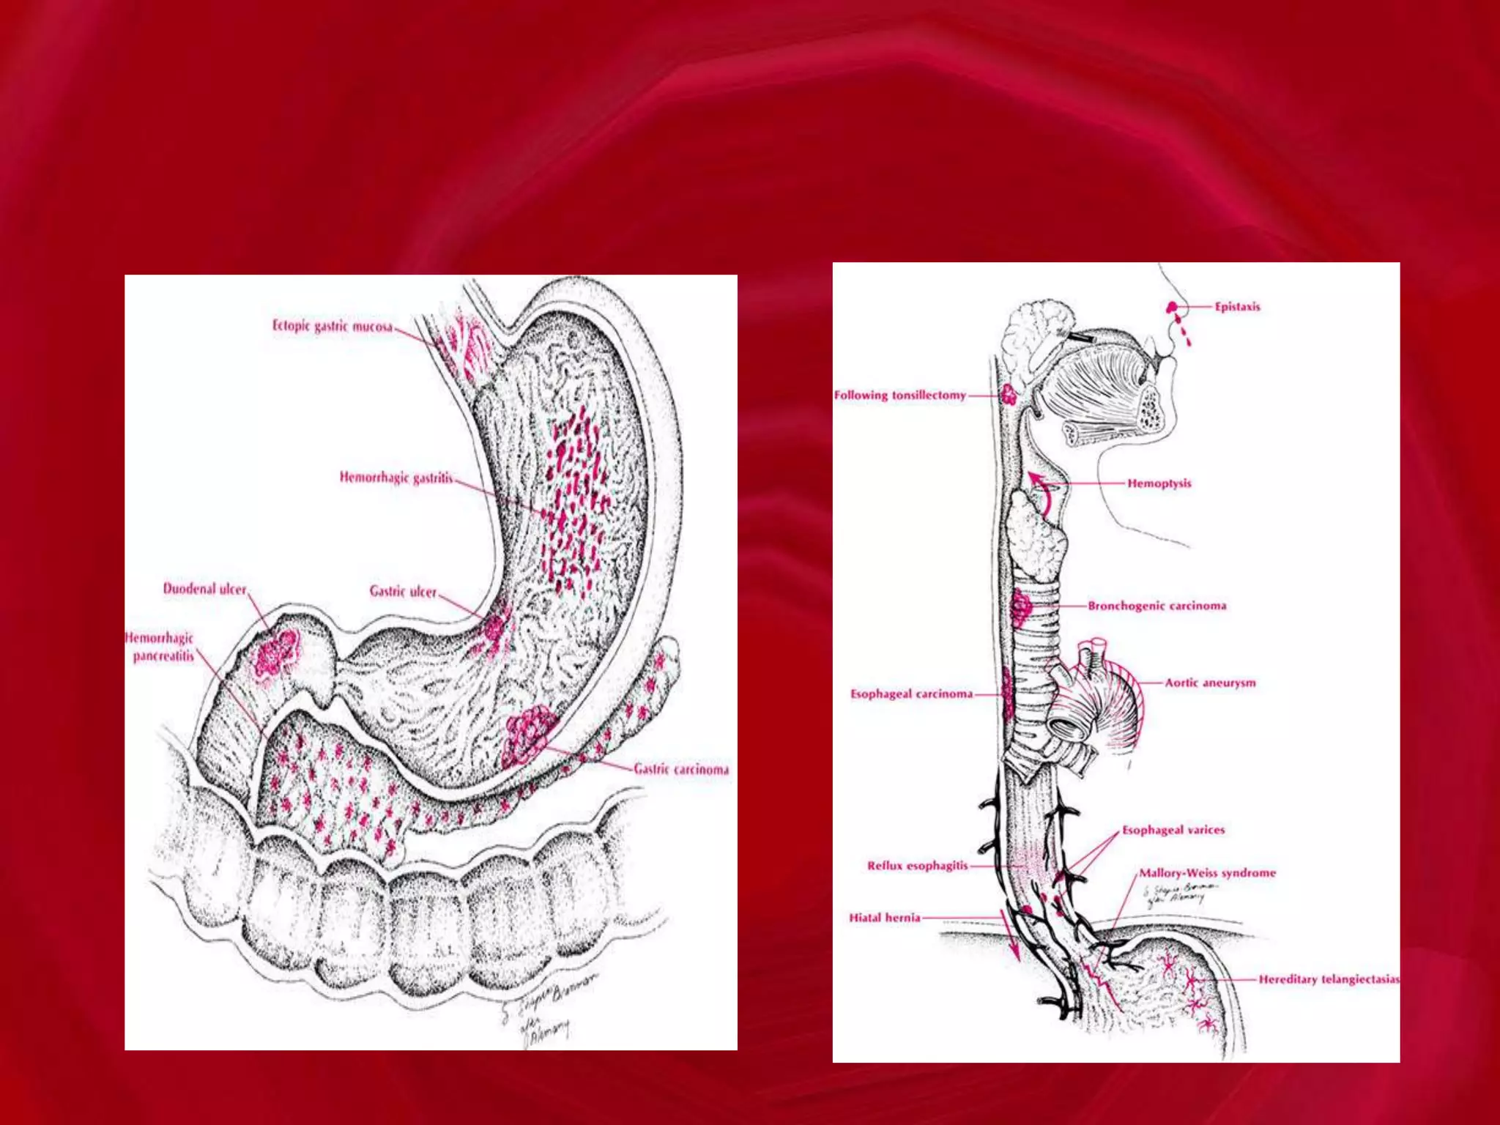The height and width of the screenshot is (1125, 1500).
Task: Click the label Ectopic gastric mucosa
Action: pyautogui.click(x=333, y=326)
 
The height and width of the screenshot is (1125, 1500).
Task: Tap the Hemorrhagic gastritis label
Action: pyautogui.click(x=396, y=478)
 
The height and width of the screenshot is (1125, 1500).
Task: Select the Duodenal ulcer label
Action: pyautogui.click(x=205, y=589)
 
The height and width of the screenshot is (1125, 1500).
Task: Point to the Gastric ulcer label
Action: pyautogui.click(x=403, y=591)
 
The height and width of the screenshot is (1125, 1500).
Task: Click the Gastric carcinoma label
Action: pyautogui.click(x=681, y=769)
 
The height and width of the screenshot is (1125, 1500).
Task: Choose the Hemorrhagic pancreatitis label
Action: pyautogui.click(x=161, y=647)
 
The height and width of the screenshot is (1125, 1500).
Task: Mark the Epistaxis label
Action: pyautogui.click(x=1237, y=307)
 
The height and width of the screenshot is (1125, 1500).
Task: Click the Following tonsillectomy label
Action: pyautogui.click(x=900, y=396)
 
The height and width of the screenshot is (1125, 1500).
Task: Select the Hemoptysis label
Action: pyautogui.click(x=1159, y=483)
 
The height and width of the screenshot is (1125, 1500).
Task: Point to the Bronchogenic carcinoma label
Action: pyautogui.click(x=1156, y=606)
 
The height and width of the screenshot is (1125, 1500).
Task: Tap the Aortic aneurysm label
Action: pyautogui.click(x=1210, y=683)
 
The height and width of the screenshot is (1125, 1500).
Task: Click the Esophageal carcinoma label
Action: pyautogui.click(x=911, y=694)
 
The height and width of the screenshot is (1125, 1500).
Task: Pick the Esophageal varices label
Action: pyautogui.click(x=1173, y=830)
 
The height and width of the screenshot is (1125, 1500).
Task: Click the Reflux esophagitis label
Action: pyautogui.click(x=917, y=866)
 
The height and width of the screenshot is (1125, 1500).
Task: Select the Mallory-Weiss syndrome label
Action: pyautogui.click(x=1207, y=873)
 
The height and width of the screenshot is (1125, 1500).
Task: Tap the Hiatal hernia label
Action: pyautogui.click(x=884, y=918)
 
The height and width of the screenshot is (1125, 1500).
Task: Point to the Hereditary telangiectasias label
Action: pyautogui.click(x=1329, y=979)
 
